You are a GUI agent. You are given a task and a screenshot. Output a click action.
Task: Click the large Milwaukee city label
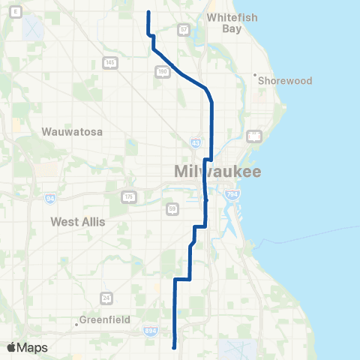tap(217, 172)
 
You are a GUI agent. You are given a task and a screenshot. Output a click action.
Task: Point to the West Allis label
tap(78, 222)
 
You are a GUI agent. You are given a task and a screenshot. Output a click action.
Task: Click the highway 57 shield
tap(184, 30)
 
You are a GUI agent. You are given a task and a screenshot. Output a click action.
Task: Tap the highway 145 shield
tap(110, 62)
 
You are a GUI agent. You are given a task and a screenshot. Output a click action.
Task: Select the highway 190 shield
tap(163, 71)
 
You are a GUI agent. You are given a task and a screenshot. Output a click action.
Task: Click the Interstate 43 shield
tap(195, 142)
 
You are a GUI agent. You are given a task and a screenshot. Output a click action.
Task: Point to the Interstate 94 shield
tap(50, 199)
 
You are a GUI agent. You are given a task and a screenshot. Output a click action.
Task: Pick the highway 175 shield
tap(128, 196)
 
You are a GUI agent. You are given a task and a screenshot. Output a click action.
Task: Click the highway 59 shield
tap(172, 208)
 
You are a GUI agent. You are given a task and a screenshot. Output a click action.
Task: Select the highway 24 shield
tap(106, 298)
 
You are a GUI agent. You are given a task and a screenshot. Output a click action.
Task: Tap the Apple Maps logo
tap(27, 347)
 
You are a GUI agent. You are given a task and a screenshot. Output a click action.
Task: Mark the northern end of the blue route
tap(148, 12)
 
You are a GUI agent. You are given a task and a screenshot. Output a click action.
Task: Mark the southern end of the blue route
tap(175, 347)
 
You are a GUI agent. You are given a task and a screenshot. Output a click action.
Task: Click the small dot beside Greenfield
tap(77, 325)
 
